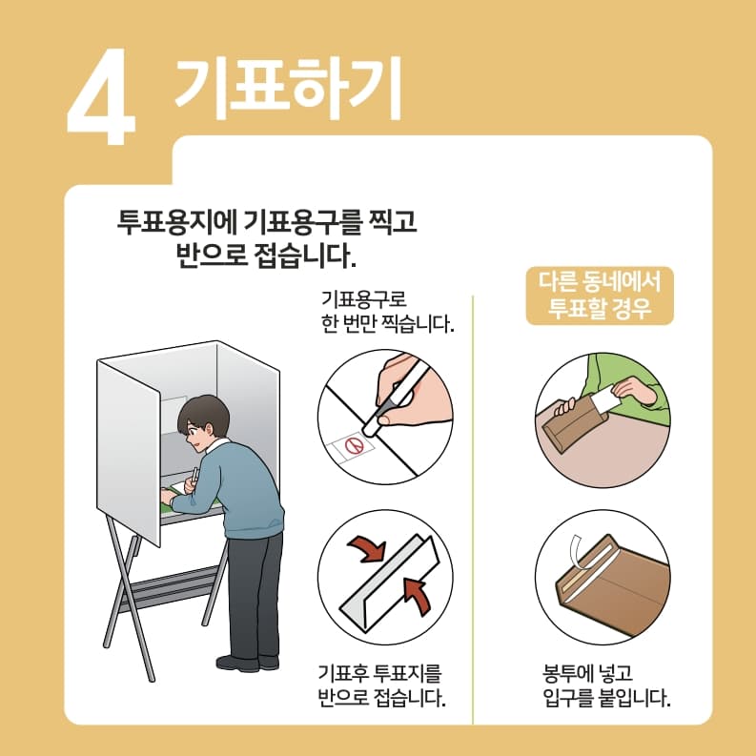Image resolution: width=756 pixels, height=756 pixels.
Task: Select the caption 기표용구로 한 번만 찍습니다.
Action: click(385, 310)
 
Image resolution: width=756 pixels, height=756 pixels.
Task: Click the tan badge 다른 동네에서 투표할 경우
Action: click(600, 296)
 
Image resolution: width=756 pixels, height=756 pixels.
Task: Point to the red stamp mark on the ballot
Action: click(353, 444)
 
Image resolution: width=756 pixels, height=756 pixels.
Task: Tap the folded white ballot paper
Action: click(386, 582)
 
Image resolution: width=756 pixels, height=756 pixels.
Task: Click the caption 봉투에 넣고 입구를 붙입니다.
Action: click(600, 684)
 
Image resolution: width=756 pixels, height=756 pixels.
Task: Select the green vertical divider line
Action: click(474, 505)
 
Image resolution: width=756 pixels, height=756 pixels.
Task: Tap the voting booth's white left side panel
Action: click(129, 448)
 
